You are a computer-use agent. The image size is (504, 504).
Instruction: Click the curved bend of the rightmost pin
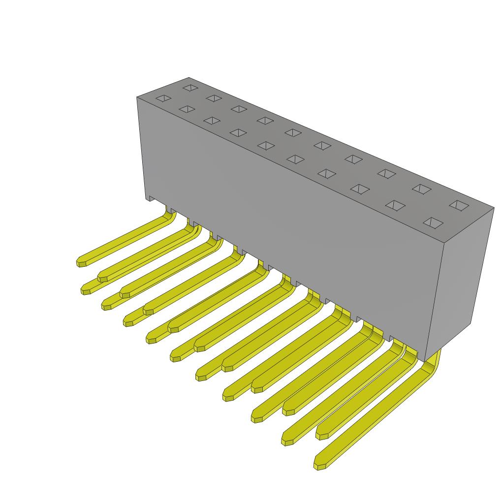coord(433,362)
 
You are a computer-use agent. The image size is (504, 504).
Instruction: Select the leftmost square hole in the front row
coord(163,98)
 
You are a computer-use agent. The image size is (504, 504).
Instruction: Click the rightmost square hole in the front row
coord(433,223)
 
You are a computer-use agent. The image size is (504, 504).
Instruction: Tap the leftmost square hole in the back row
coord(190,88)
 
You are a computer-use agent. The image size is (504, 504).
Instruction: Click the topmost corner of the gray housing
coord(189,78)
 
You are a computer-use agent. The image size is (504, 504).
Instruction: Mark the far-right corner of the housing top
coord(494,208)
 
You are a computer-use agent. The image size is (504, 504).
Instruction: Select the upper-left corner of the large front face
coord(137,97)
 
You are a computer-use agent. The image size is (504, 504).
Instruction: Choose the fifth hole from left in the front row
coord(266,146)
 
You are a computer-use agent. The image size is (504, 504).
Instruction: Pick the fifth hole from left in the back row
coord(293,132)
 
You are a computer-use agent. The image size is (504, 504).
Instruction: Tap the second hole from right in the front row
coord(395,205)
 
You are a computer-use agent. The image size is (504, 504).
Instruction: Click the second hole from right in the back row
coord(421,189)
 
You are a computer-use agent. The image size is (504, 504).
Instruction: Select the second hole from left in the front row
coord(187,109)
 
